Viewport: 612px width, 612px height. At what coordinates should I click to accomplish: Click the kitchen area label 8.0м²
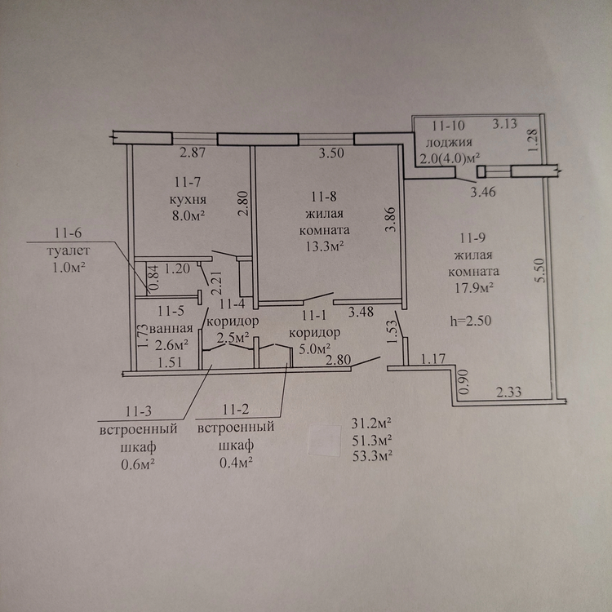[x=189, y=216]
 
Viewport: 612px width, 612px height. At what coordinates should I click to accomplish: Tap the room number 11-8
[x=324, y=197]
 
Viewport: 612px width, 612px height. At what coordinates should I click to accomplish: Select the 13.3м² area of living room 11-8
[x=324, y=246]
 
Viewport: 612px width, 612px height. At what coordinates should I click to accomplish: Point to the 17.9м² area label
[x=474, y=288]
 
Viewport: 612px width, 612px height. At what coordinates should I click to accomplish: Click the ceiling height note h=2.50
[x=471, y=321]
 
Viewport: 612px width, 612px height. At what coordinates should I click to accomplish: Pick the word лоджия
[x=449, y=143]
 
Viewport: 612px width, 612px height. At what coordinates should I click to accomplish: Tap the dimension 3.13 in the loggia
[x=504, y=124]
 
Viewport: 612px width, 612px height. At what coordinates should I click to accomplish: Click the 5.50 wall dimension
[x=540, y=270]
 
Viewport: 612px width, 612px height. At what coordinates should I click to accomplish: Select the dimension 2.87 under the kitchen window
[x=193, y=153]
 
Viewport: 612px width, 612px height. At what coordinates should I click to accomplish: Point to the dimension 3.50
[x=331, y=153]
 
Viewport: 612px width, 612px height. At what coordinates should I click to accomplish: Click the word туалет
[x=69, y=251]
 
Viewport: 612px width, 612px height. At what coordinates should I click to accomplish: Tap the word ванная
[x=171, y=329]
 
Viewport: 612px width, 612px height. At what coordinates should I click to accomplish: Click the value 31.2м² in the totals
[x=371, y=424]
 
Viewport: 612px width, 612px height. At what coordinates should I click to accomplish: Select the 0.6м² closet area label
[x=139, y=464]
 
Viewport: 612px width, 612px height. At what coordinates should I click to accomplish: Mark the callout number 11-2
[x=236, y=410]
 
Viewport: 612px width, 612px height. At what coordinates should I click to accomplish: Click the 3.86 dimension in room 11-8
[x=391, y=220]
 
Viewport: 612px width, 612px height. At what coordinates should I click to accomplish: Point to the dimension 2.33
[x=508, y=392]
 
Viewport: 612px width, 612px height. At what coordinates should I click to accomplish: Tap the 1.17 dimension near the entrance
[x=432, y=358]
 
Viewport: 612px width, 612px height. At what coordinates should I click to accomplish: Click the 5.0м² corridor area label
[x=315, y=348]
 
